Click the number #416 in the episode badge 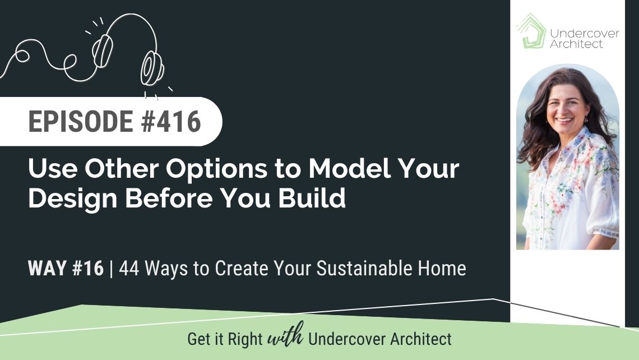tap(171, 122)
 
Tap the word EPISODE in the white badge tap(81, 122)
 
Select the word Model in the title tap(349, 168)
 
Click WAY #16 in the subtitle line tap(66, 268)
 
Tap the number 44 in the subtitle tap(129, 268)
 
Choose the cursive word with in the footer tap(286, 335)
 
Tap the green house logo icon tap(531, 31)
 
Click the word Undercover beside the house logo tap(585, 34)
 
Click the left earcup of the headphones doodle tap(102, 51)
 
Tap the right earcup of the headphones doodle tap(152, 68)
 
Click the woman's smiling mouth tap(564, 121)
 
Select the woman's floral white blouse tap(571, 192)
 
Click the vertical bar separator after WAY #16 tap(112, 269)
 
